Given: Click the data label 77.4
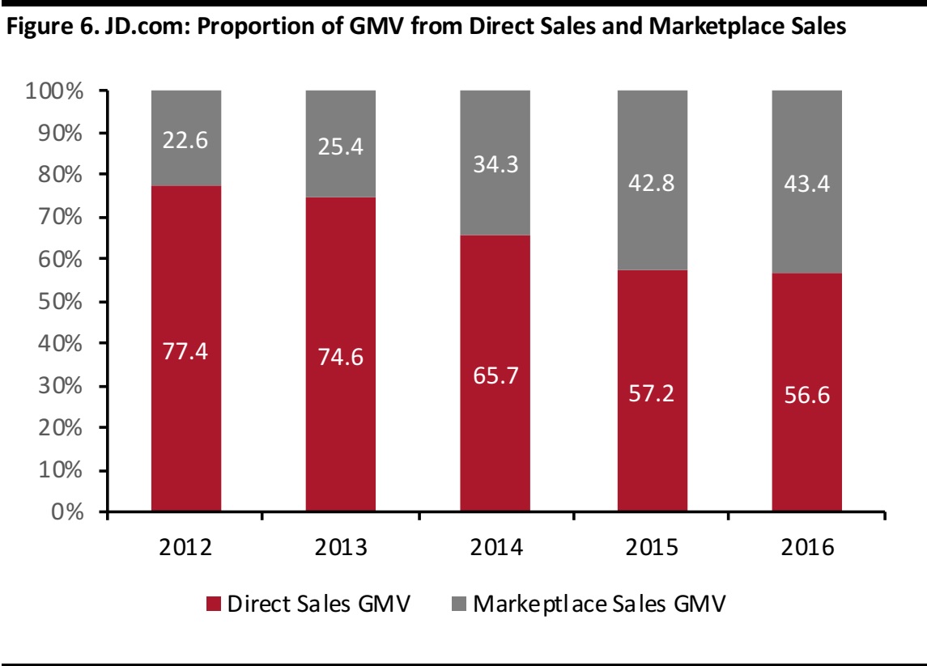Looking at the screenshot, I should coord(185,354).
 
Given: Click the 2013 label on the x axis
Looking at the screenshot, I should coord(340,547).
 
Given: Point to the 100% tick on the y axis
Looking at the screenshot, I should coord(58,91).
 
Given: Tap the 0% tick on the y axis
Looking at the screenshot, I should coord(68,511).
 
